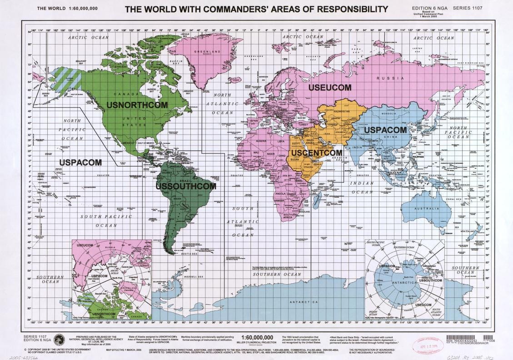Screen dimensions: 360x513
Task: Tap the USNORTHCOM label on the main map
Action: (x=137, y=105)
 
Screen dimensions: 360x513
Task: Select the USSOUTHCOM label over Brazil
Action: (x=186, y=186)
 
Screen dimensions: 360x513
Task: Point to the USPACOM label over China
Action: (x=384, y=130)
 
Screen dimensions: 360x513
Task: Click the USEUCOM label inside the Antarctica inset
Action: (x=423, y=305)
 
